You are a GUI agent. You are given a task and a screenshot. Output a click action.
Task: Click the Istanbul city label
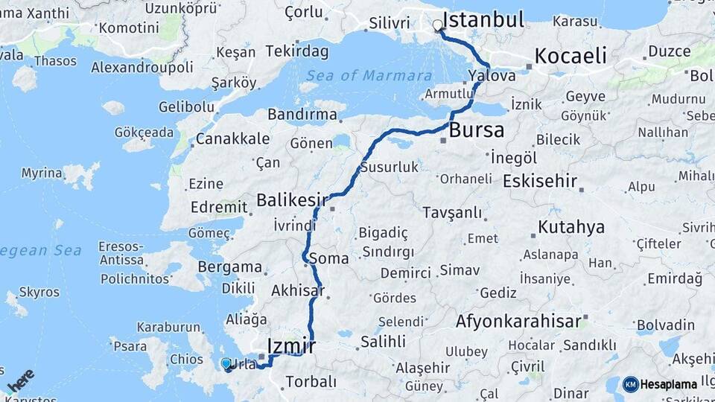click(x=483, y=19)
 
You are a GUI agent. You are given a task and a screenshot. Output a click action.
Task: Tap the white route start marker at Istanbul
click(x=437, y=25)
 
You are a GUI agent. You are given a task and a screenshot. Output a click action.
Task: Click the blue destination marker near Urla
click(x=226, y=363)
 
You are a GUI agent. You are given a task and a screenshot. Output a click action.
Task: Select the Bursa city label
click(x=476, y=130)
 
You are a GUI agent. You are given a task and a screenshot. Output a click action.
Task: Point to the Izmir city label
click(x=291, y=346)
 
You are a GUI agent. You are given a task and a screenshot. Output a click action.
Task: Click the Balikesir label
click(x=292, y=200)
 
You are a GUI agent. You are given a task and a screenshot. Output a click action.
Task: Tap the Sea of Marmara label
click(x=369, y=76)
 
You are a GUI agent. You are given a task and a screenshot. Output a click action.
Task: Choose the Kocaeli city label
click(x=571, y=56)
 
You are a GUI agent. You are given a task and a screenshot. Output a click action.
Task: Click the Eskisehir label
click(x=541, y=181)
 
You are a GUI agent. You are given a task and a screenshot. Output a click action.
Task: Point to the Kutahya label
click(x=571, y=227)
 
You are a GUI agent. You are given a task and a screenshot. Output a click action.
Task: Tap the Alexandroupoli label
click(x=142, y=67)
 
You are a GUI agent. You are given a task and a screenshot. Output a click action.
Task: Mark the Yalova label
click(x=492, y=76)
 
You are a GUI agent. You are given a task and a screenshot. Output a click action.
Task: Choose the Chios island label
click(x=186, y=360)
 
